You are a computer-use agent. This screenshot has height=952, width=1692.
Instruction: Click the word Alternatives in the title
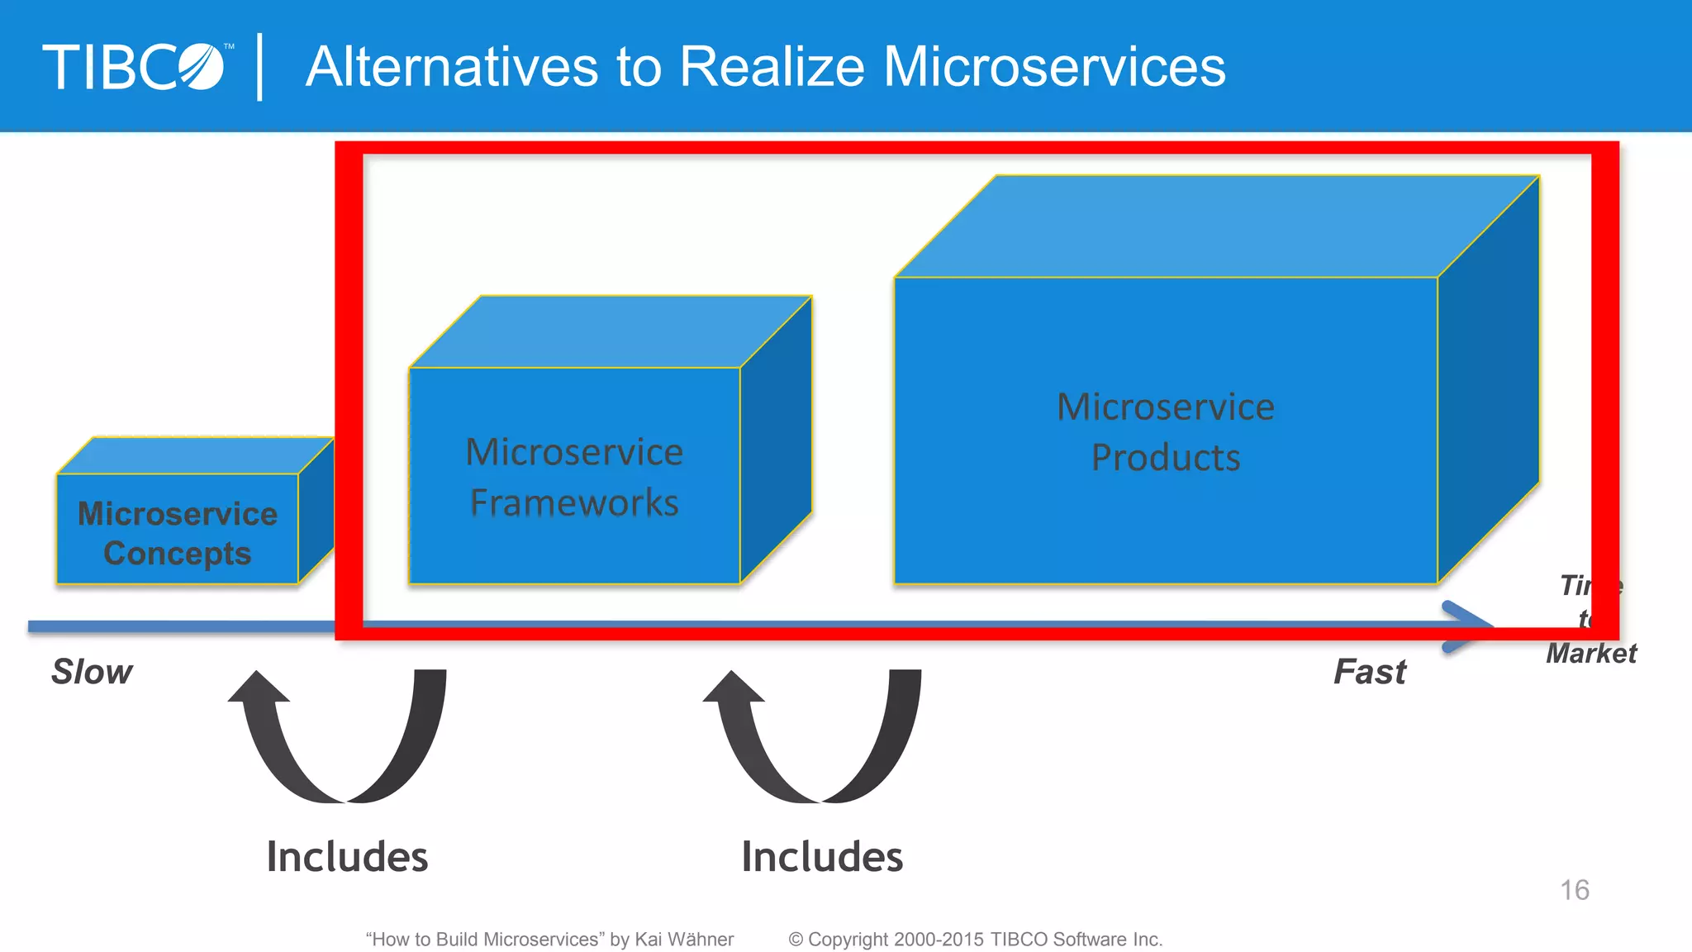pos(452,67)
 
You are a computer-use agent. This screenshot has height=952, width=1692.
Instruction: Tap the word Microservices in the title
pos(1054,67)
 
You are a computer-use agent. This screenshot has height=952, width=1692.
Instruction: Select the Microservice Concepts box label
pos(177,534)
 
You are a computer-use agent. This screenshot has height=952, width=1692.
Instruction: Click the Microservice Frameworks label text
pos(574,478)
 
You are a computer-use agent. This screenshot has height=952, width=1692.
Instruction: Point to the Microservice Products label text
pos(1166,432)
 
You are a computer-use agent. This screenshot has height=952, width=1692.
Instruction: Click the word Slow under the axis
pos(92,672)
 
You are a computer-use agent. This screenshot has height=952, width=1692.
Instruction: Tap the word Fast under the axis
pos(1370,672)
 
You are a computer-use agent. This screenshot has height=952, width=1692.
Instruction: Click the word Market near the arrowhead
pos(1591,654)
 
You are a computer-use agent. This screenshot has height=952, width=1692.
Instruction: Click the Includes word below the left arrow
pos(347,857)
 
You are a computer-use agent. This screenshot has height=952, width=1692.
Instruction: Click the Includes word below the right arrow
pos(822,857)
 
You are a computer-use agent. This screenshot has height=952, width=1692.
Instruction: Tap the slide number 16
pos(1575,890)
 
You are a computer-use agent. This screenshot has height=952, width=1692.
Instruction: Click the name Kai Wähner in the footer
pos(684,940)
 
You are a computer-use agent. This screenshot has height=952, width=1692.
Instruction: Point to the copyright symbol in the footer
pos(796,940)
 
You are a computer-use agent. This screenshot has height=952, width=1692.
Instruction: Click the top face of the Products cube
pos(1214,227)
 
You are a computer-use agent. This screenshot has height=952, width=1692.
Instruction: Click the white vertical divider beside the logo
pos(260,67)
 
